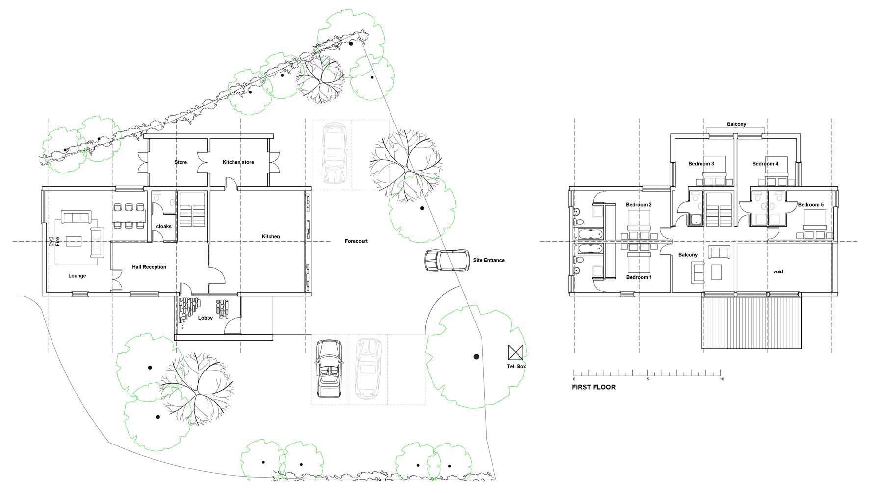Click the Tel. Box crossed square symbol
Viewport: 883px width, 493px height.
pos(516,352)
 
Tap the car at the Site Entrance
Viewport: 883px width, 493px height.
pos(447,260)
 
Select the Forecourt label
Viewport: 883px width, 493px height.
pos(356,241)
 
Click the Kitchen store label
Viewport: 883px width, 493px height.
pos(238,162)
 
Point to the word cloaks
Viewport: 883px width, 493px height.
pos(164,226)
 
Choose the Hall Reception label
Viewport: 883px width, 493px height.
pos(149,267)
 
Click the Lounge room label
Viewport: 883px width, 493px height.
pos(77,276)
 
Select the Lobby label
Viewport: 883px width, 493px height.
pos(206,318)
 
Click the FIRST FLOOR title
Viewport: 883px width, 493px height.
pos(594,387)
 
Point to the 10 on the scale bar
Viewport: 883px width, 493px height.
pos(722,379)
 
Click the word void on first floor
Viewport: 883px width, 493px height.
pos(778,271)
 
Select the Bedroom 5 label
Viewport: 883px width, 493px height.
pos(811,205)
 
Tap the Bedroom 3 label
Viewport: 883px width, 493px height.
pos(701,164)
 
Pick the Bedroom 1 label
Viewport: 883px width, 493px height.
pos(639,277)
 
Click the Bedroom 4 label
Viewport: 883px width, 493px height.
pos(765,164)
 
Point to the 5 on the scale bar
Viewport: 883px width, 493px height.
pos(648,379)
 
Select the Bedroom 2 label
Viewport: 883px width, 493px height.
pos(639,205)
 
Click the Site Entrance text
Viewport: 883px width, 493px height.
pos(489,260)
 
